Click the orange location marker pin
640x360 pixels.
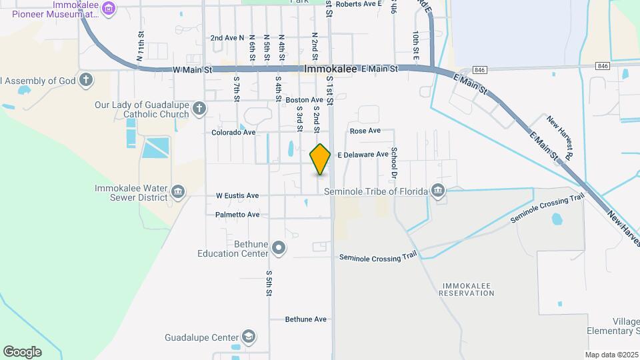[x=321, y=159]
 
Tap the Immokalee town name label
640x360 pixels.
[x=331, y=69]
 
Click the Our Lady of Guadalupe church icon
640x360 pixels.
[x=199, y=108]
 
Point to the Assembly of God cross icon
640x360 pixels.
[x=85, y=81]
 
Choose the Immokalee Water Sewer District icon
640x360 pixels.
[x=178, y=192]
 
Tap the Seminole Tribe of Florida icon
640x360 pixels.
[x=437, y=191]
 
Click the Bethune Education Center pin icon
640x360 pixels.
[x=279, y=249]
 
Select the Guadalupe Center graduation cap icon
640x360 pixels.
[x=249, y=337]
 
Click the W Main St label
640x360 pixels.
[x=191, y=69]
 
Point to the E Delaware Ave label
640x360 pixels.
[x=363, y=155]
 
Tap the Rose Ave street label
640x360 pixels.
[x=365, y=131]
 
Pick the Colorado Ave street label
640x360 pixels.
[x=233, y=133]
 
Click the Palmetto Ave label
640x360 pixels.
[x=237, y=215]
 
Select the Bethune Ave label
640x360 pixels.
[x=306, y=319]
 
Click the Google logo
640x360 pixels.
[x=22, y=351]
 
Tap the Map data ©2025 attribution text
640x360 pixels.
[x=610, y=355]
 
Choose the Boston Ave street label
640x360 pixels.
[x=304, y=100]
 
